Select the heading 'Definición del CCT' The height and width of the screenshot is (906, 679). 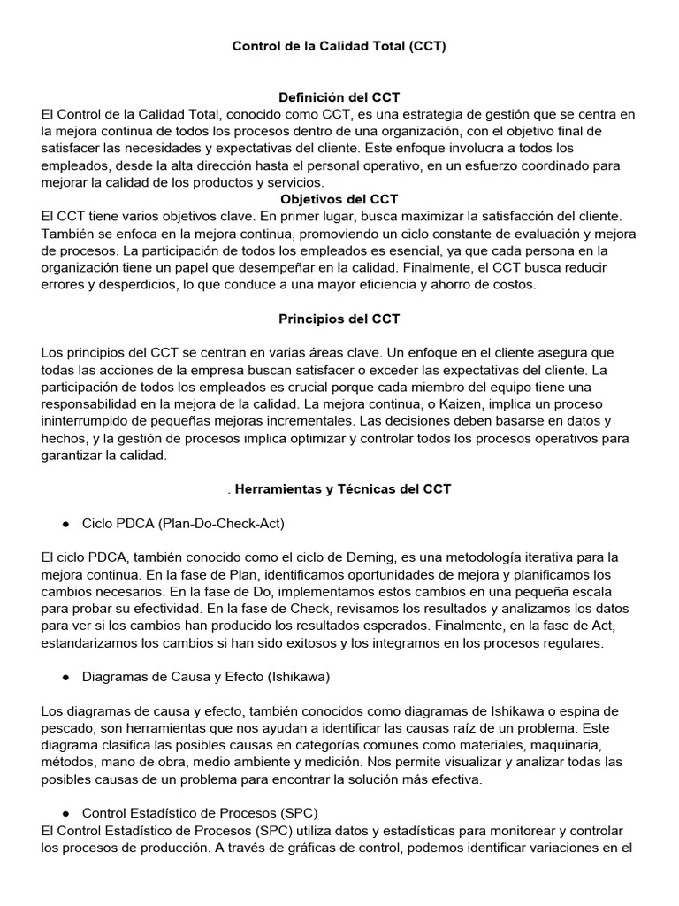[x=339, y=96]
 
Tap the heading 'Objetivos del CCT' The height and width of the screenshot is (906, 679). [x=339, y=199]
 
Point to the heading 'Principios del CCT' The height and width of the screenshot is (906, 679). [x=339, y=319]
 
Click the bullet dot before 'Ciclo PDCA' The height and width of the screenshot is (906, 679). [x=66, y=524]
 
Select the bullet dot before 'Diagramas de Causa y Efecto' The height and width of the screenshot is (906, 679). [x=66, y=677]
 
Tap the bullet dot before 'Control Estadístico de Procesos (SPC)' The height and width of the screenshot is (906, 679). [x=66, y=813]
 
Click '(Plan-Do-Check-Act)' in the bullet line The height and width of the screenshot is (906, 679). [x=223, y=524]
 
